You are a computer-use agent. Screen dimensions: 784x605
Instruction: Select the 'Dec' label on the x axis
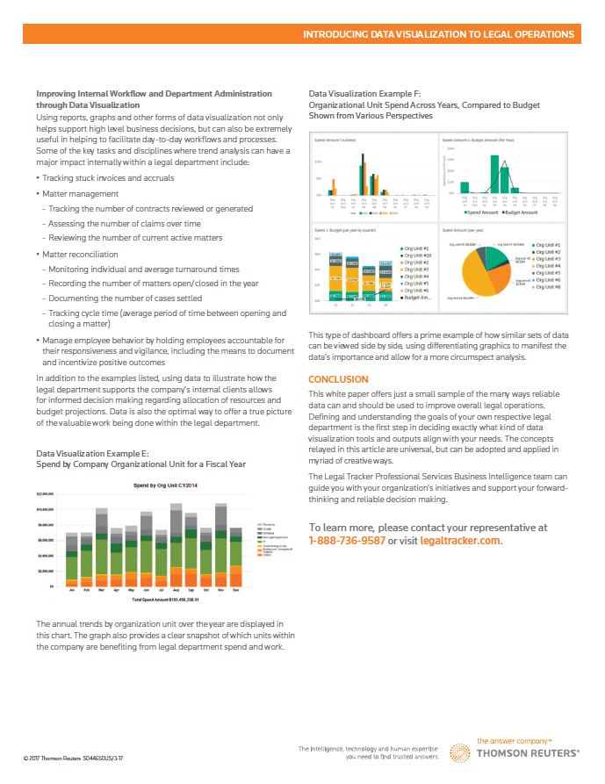point(235,590)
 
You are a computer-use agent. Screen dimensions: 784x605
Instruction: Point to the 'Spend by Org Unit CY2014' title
point(164,485)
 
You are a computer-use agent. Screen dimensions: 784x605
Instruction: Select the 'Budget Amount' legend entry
point(522,212)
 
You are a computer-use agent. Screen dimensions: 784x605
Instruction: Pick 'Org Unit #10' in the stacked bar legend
point(414,255)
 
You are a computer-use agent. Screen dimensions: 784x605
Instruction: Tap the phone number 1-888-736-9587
point(347,541)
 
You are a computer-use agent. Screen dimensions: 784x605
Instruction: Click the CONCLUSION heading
point(338,379)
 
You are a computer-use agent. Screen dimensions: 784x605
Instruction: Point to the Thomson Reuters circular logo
point(461,753)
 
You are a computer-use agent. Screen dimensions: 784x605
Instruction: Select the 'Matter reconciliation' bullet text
point(80,254)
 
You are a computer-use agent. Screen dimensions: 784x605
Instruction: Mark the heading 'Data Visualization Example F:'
point(364,93)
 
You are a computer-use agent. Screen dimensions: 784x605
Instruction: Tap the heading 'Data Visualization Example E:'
point(92,454)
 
